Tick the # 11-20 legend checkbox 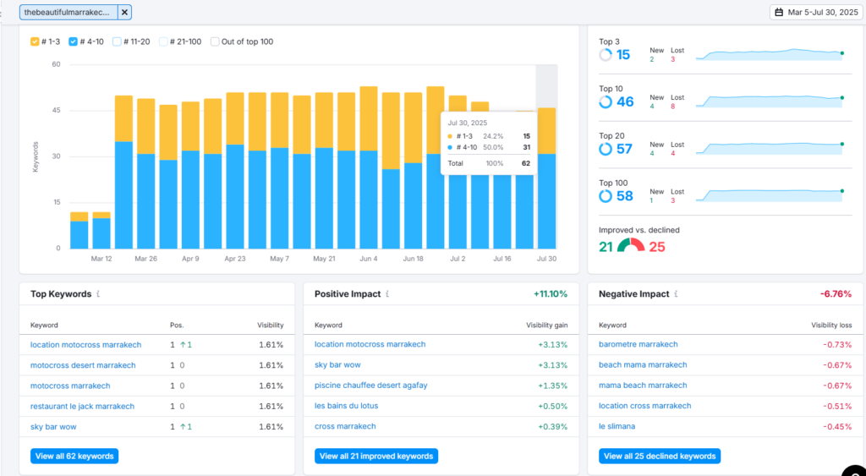pos(117,41)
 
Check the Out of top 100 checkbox pos(215,41)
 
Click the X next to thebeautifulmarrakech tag pos(124,12)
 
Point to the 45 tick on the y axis pos(57,111)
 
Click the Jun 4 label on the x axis pos(369,259)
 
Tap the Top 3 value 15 pos(623,55)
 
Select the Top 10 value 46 pos(625,102)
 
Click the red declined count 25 pos(657,247)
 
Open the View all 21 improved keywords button pos(376,456)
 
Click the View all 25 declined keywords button pos(660,456)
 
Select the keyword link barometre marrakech pos(638,344)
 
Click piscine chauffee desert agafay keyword pos(371,385)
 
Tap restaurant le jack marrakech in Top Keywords pos(82,406)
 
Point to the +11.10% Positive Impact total pos(550,293)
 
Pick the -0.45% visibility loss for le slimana pos(837,426)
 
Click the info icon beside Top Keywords pos(98,293)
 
